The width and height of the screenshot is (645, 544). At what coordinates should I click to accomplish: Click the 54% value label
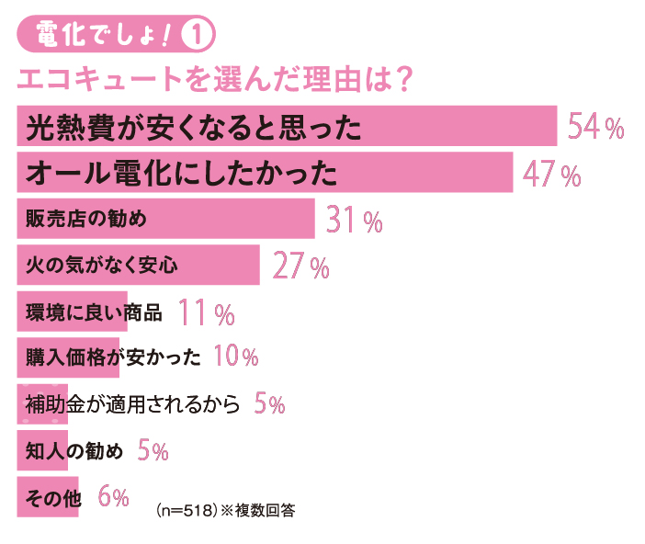tap(595, 127)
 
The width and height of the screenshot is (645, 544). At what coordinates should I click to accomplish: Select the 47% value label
tap(551, 174)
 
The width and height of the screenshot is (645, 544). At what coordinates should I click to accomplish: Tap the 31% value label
tap(354, 221)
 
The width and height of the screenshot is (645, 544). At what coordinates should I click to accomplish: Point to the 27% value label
tap(300, 267)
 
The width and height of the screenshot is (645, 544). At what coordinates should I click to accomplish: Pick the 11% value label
tap(207, 314)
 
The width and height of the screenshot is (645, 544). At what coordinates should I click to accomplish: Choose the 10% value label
tap(235, 357)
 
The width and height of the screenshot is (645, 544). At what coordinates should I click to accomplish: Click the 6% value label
tap(113, 497)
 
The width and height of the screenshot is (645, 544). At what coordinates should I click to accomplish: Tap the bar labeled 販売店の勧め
tap(165, 220)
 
